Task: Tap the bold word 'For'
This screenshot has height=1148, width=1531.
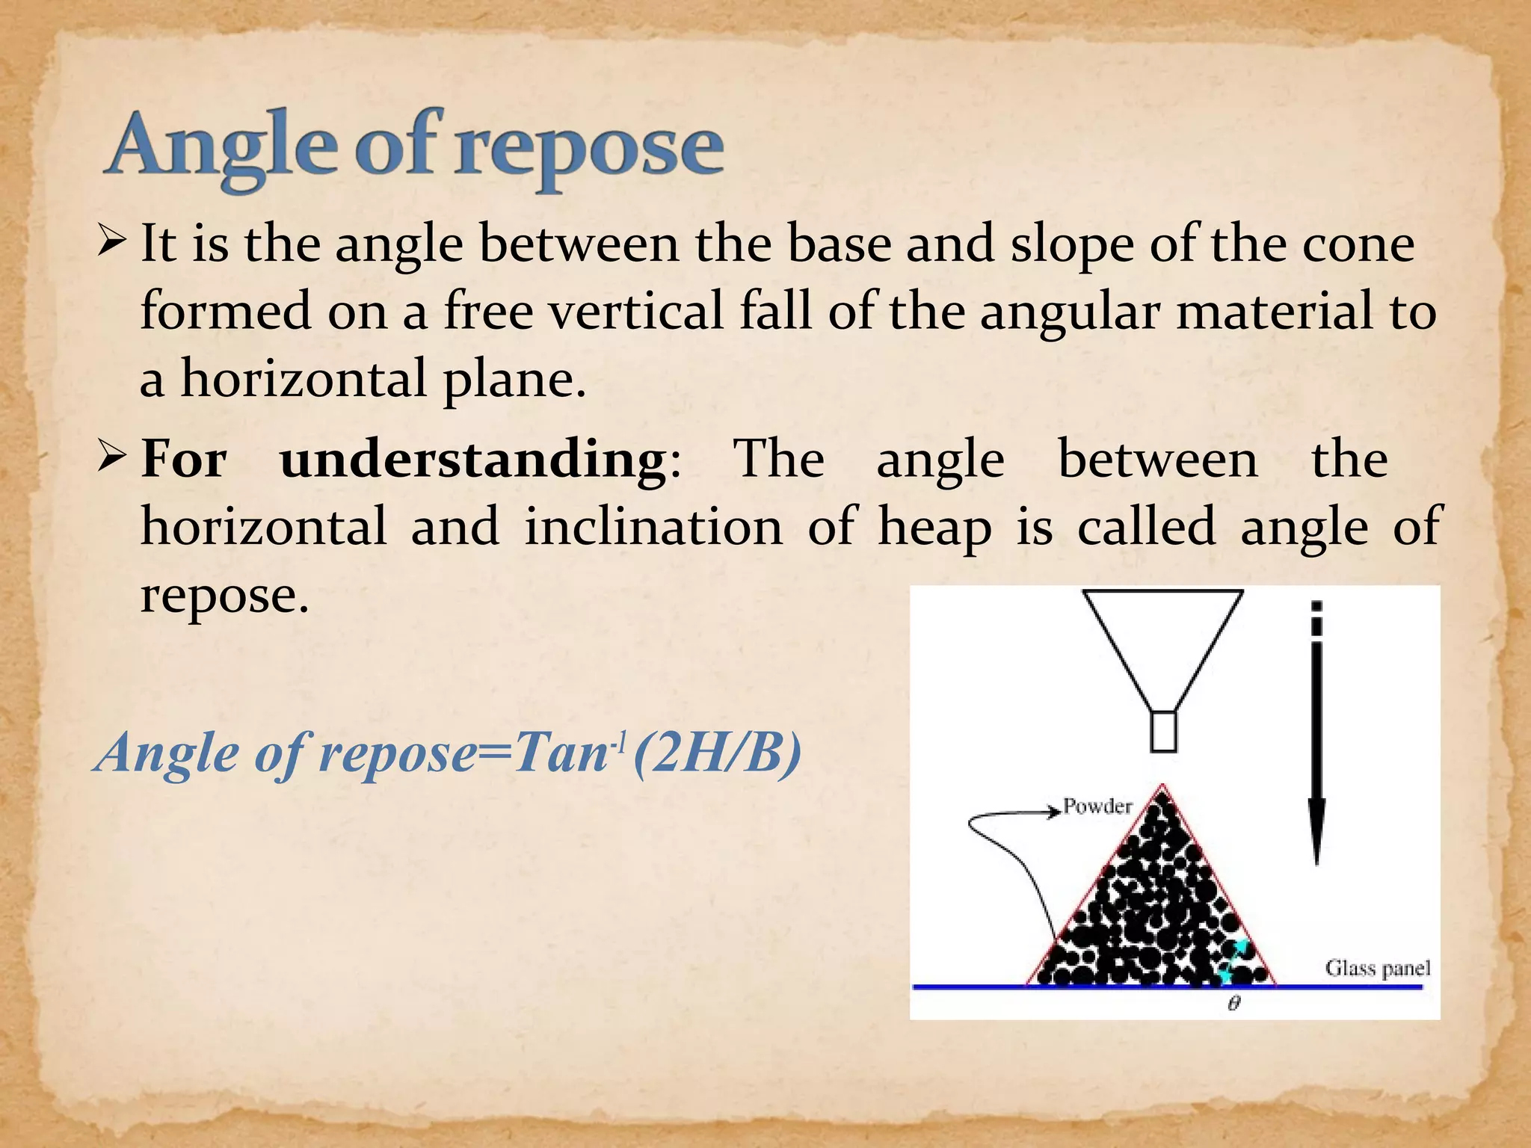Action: click(x=184, y=459)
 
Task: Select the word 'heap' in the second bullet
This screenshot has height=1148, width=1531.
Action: click(x=934, y=527)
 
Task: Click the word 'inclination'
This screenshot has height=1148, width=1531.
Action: click(x=653, y=527)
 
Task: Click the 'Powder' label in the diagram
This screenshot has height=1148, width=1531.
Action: click(x=1097, y=806)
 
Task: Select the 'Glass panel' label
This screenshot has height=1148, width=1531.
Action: click(x=1378, y=969)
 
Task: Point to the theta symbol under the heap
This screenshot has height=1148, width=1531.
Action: click(x=1234, y=1004)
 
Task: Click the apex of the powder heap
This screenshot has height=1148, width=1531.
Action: click(x=1162, y=788)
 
